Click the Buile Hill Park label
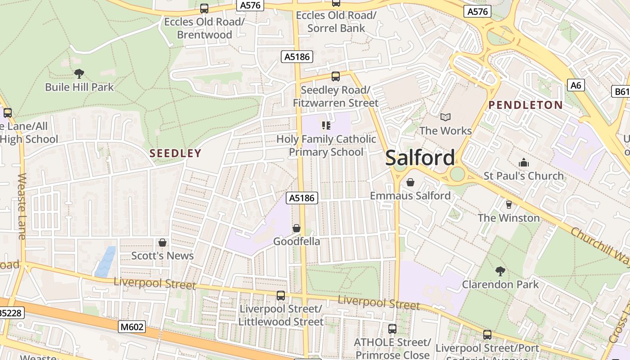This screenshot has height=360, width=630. point(80,87)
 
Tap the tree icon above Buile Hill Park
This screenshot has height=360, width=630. point(79,73)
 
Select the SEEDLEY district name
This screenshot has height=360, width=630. point(175,153)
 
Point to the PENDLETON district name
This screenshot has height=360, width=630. point(526,105)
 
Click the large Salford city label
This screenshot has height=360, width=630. point(420,158)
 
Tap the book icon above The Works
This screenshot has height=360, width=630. point(445,117)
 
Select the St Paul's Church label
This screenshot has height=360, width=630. point(523,176)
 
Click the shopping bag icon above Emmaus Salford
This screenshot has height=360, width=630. point(410,182)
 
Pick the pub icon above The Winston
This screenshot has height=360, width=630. point(508,205)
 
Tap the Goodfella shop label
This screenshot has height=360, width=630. point(297,242)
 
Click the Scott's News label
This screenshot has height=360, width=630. point(162,256)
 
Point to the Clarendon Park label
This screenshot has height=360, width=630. point(500,284)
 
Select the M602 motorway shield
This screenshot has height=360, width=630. point(132,327)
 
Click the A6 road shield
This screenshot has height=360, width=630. point(576,85)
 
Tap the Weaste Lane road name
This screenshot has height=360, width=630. point(22,206)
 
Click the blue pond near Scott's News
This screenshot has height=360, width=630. point(105,261)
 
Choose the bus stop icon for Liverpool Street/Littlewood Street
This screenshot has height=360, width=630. point(280,296)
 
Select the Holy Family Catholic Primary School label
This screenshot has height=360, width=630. point(326,145)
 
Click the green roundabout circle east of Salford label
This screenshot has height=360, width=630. point(457,174)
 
